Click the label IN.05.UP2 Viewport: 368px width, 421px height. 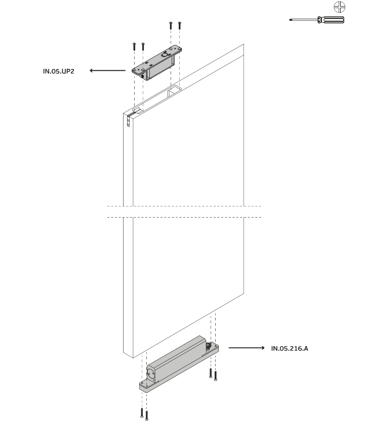point(59,71)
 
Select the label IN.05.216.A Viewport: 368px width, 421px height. point(290,348)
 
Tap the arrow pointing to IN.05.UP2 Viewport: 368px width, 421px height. point(107,71)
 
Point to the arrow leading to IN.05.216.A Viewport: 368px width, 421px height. point(247,348)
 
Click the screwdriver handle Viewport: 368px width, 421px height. point(331,20)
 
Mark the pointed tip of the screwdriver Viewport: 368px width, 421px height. point(290,20)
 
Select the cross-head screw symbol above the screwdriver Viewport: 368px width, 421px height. point(340,7)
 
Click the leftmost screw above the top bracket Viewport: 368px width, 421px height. point(134,47)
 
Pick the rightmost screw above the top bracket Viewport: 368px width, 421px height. point(180,25)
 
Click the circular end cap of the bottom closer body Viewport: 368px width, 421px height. point(151,373)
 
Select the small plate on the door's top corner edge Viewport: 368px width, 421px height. point(129,121)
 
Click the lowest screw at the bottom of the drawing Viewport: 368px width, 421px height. point(147,415)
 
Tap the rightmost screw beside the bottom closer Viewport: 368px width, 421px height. point(216,375)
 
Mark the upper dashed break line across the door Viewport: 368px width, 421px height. point(184,206)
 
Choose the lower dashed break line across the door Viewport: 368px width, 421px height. point(184,217)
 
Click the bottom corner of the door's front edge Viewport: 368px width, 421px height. point(133,358)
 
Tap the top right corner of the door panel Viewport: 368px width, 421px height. point(244,44)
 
